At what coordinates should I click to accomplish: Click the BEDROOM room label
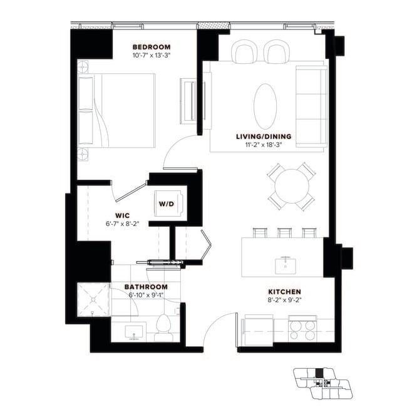click(152, 47)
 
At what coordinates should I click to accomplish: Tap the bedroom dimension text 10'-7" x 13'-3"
click(152, 55)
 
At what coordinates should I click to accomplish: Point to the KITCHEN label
click(285, 292)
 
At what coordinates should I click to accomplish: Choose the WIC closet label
click(121, 214)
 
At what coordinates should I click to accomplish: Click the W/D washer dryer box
click(167, 203)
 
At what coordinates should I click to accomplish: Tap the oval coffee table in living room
click(265, 105)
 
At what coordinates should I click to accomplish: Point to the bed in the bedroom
click(118, 110)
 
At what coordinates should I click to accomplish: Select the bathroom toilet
click(163, 326)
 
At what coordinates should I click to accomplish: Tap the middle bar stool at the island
click(284, 233)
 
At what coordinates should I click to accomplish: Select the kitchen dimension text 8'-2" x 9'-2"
click(285, 300)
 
